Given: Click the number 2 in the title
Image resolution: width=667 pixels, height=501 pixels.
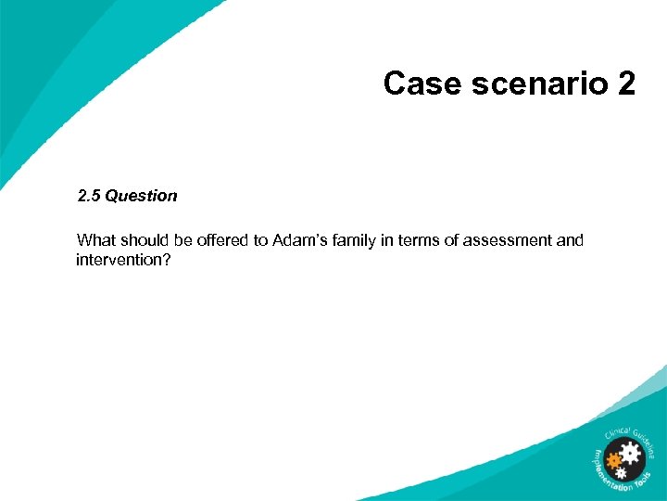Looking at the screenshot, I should [625, 83].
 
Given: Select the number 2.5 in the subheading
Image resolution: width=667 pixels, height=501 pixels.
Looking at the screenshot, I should [89, 196].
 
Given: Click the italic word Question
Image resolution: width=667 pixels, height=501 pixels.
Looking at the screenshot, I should [141, 196].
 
